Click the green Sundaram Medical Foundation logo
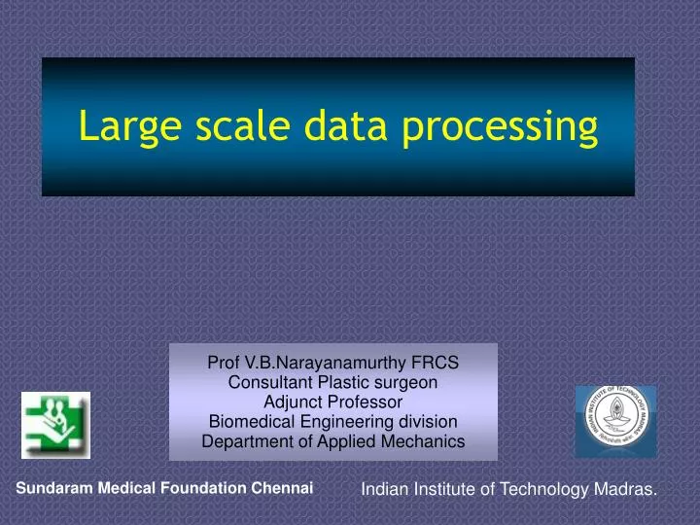[55, 425]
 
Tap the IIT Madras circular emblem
[615, 421]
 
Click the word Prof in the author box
[224, 363]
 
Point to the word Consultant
[268, 382]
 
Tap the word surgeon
[404, 382]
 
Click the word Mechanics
[424, 440]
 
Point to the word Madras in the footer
[625, 491]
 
